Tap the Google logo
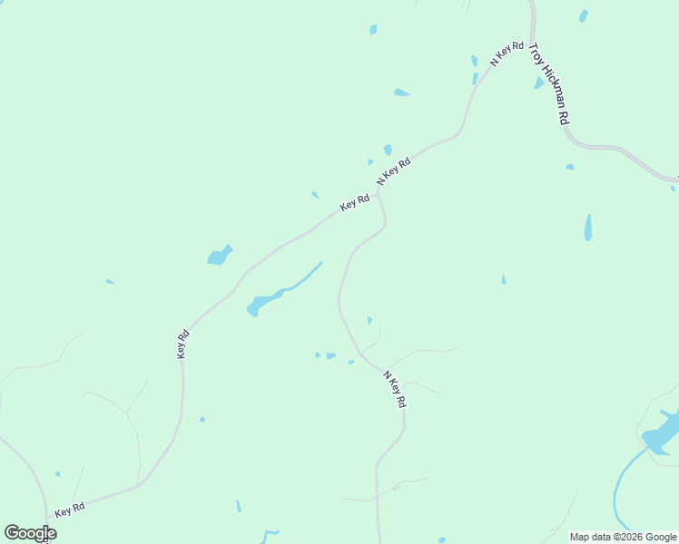[30, 533]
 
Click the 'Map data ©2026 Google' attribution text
[624, 537]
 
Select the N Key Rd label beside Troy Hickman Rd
[507, 53]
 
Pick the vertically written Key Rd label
[182, 343]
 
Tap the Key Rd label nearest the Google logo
[69, 510]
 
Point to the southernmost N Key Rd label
[394, 389]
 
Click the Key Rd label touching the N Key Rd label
[354, 203]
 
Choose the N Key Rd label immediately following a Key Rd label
[393, 171]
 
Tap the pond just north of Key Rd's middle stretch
[220, 256]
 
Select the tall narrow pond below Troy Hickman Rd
[588, 227]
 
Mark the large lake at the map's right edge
[662, 432]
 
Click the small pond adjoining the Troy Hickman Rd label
[539, 83]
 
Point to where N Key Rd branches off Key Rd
[378, 191]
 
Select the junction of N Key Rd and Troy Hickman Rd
[530, 36]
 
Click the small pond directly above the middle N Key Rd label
[388, 150]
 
